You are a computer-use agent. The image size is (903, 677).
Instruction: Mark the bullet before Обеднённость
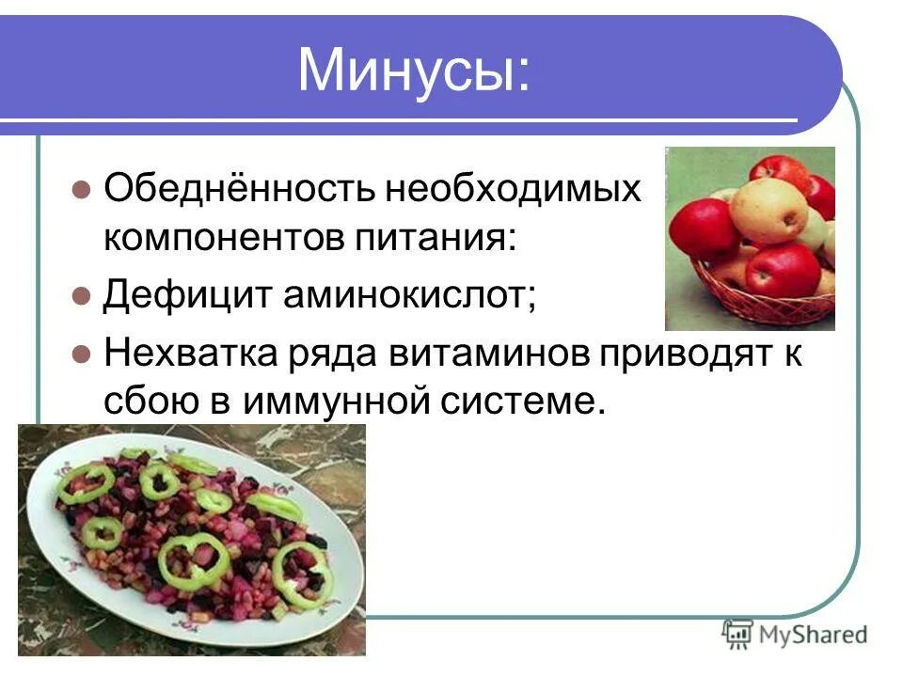80,190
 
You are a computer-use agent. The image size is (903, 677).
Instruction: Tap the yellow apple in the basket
769,209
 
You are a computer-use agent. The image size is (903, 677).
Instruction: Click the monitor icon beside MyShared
737,634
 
